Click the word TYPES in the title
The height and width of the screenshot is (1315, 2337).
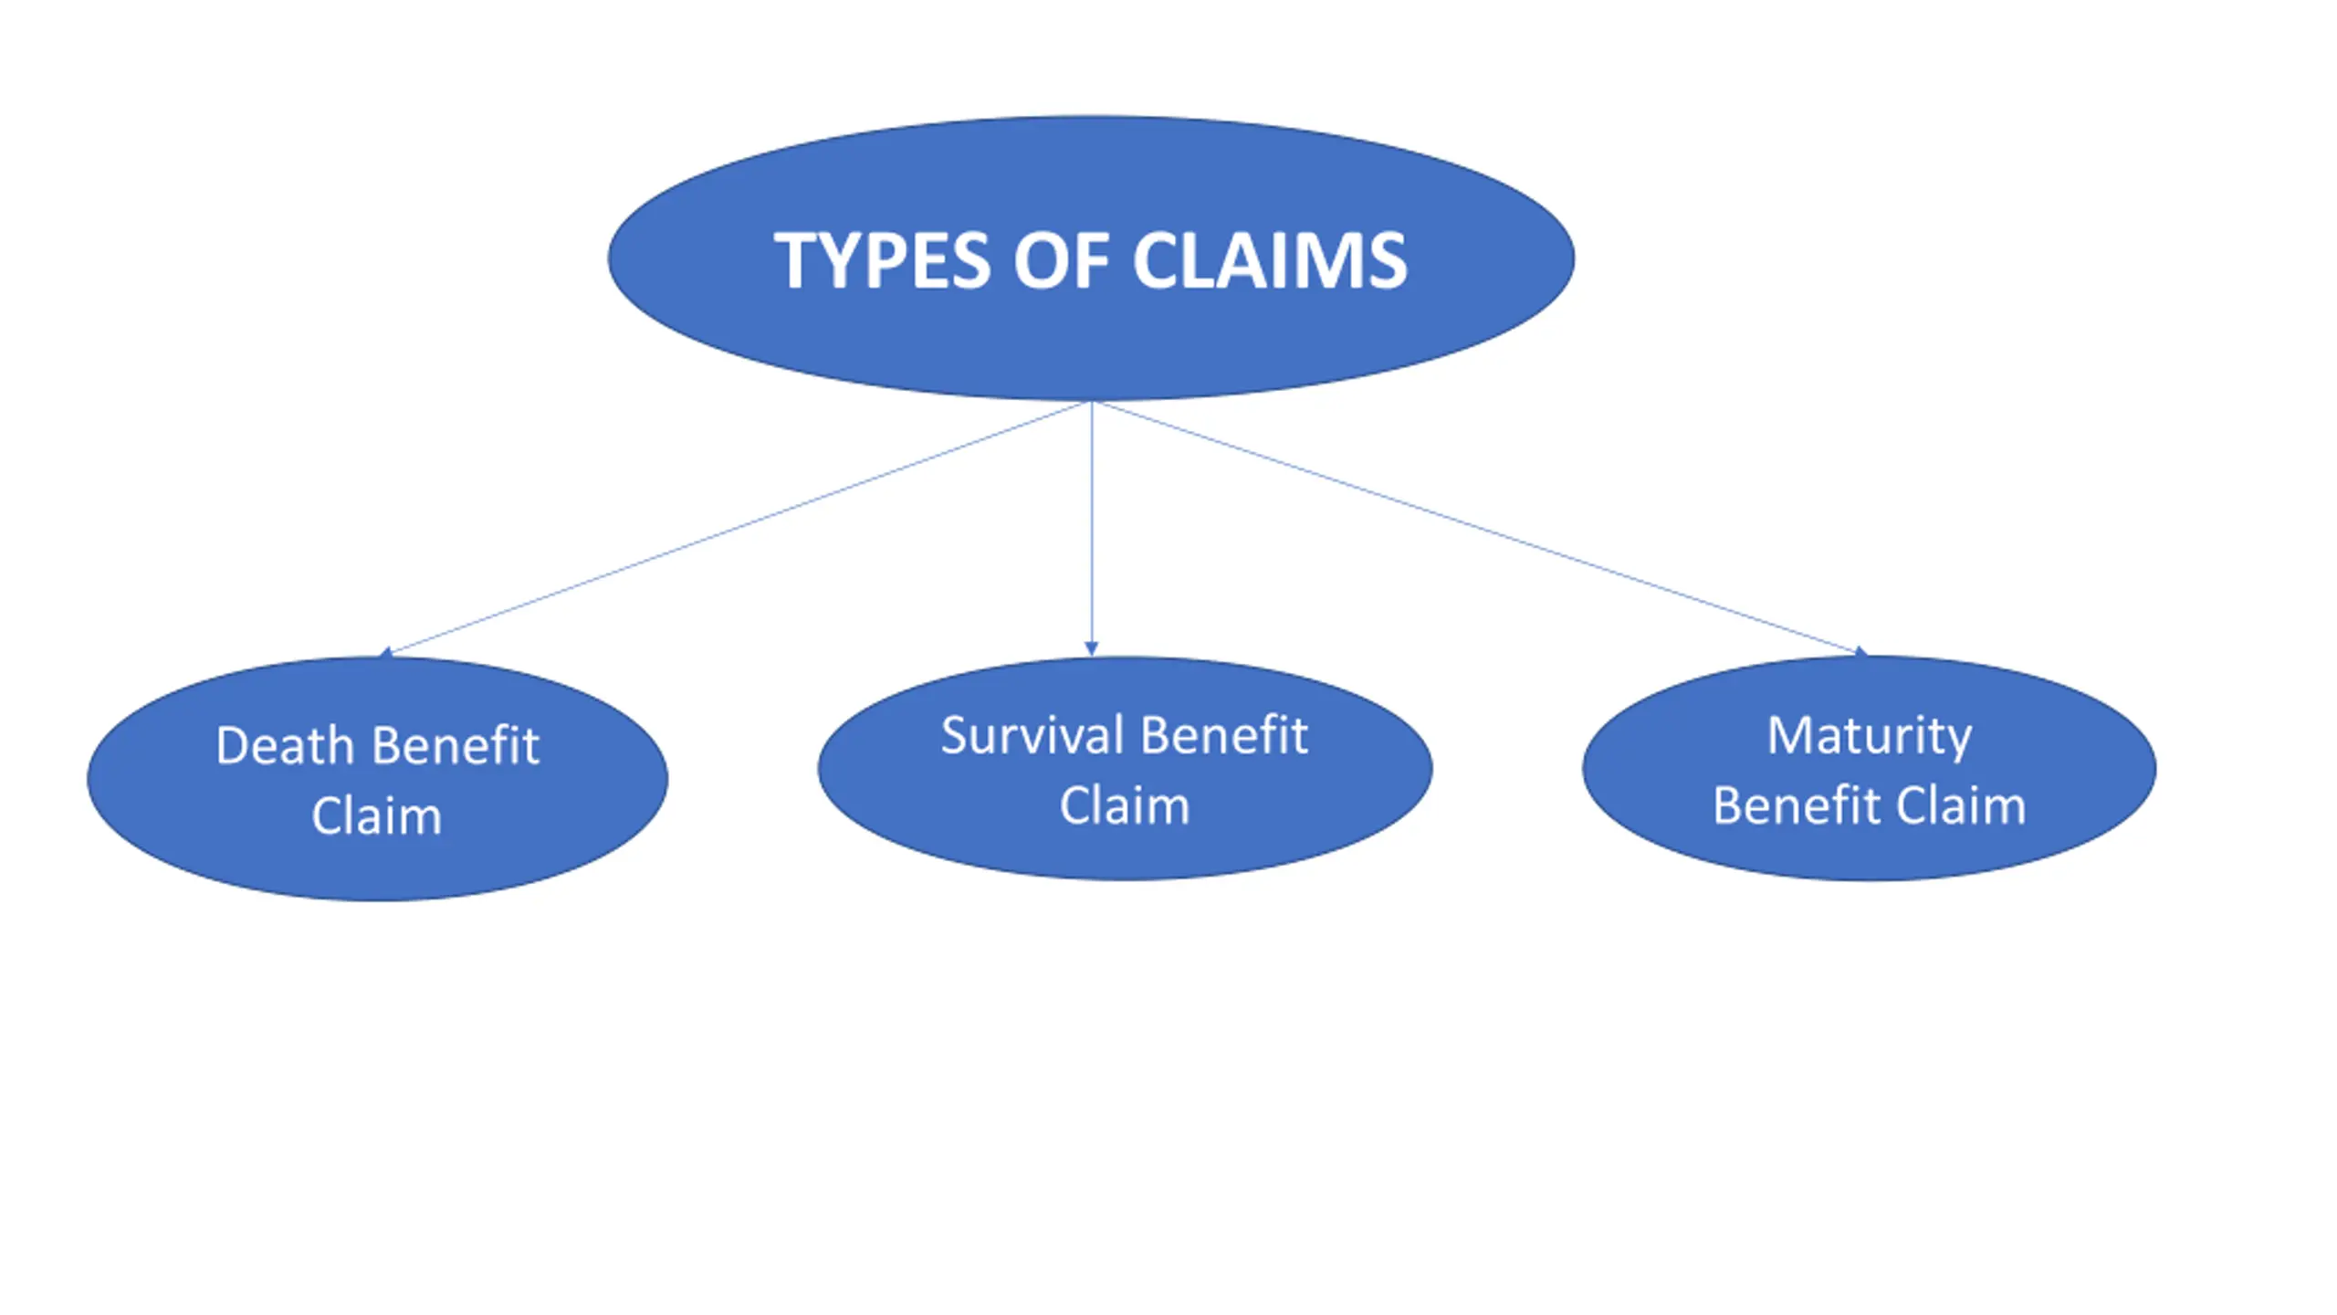point(883,261)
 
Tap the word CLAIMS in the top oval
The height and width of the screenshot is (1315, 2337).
point(1270,261)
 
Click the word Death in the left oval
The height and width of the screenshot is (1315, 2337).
point(285,745)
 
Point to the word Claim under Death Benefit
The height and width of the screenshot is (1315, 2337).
point(377,815)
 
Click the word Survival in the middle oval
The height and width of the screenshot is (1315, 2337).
point(1032,735)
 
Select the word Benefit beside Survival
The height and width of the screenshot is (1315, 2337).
point(1225,735)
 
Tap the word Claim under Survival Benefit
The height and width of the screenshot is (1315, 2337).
point(1125,805)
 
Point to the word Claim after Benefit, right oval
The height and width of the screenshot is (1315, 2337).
point(1961,805)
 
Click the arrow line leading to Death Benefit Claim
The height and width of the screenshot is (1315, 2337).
point(735,529)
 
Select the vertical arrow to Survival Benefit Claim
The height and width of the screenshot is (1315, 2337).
point(1091,529)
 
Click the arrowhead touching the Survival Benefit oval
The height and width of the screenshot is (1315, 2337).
point(1091,649)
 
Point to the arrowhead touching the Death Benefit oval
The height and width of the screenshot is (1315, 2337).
point(385,652)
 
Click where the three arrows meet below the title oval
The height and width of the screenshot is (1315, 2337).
point(1092,402)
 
